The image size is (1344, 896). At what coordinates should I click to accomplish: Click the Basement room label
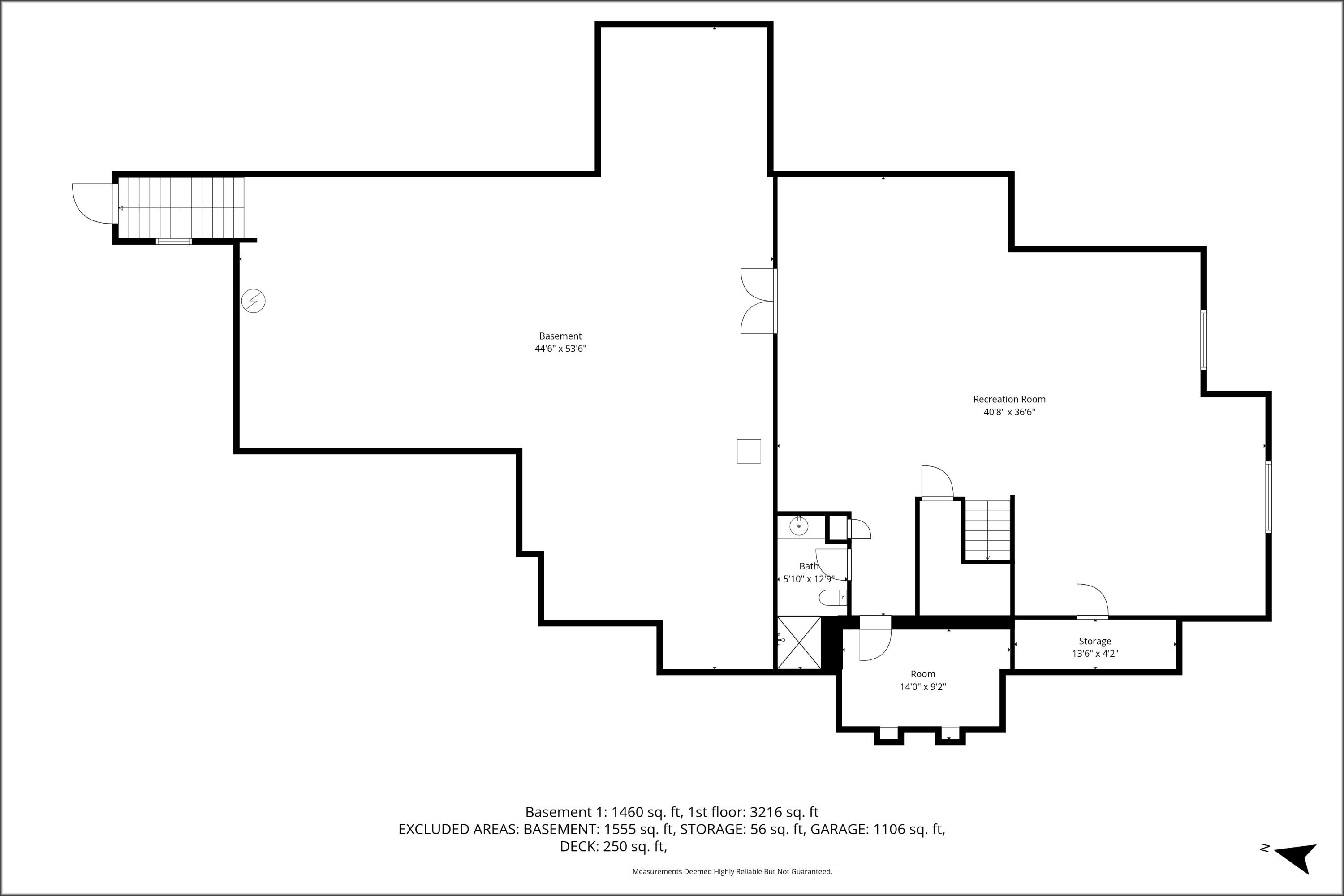[560, 336]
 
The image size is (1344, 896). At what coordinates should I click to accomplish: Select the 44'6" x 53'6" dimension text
[560, 349]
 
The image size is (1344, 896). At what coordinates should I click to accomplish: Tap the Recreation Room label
[1009, 400]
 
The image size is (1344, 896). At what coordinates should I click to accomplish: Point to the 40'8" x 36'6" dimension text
[1009, 412]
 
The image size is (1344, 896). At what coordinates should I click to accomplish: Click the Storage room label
[1095, 641]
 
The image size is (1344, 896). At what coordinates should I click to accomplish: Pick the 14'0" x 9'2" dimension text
[923, 687]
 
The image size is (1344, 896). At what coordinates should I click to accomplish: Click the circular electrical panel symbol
[253, 301]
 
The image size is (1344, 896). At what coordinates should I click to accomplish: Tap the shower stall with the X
[799, 642]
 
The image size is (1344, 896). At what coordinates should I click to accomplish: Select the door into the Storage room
[1091, 601]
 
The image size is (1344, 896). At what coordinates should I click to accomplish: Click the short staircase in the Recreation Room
[987, 530]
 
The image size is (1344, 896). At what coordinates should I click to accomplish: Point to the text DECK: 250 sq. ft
[613, 846]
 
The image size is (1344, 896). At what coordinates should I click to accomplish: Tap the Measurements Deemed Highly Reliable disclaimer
[732, 871]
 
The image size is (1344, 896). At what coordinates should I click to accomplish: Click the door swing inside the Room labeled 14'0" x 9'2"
[874, 645]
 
